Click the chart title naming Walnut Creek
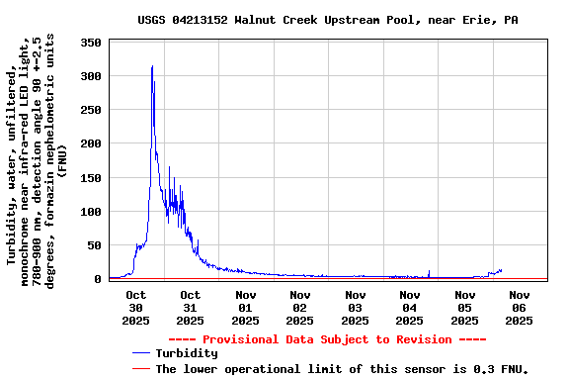(x=327, y=20)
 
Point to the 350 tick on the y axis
(x=92, y=43)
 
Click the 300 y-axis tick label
(x=92, y=76)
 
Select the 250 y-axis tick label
(x=92, y=110)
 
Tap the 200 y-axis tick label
(x=92, y=143)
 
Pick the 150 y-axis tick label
(x=92, y=177)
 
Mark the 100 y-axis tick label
(x=92, y=211)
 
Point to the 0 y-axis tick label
(x=99, y=278)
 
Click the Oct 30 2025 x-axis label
(x=136, y=307)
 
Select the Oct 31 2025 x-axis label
(x=191, y=307)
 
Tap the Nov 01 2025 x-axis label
(x=246, y=307)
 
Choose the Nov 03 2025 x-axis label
(x=355, y=307)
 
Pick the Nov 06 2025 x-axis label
(x=519, y=307)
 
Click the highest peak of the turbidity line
(x=152, y=66)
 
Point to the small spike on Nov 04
(x=429, y=271)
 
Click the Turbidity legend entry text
(x=187, y=353)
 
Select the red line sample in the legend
(x=140, y=368)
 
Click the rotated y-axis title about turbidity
(x=36, y=160)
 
